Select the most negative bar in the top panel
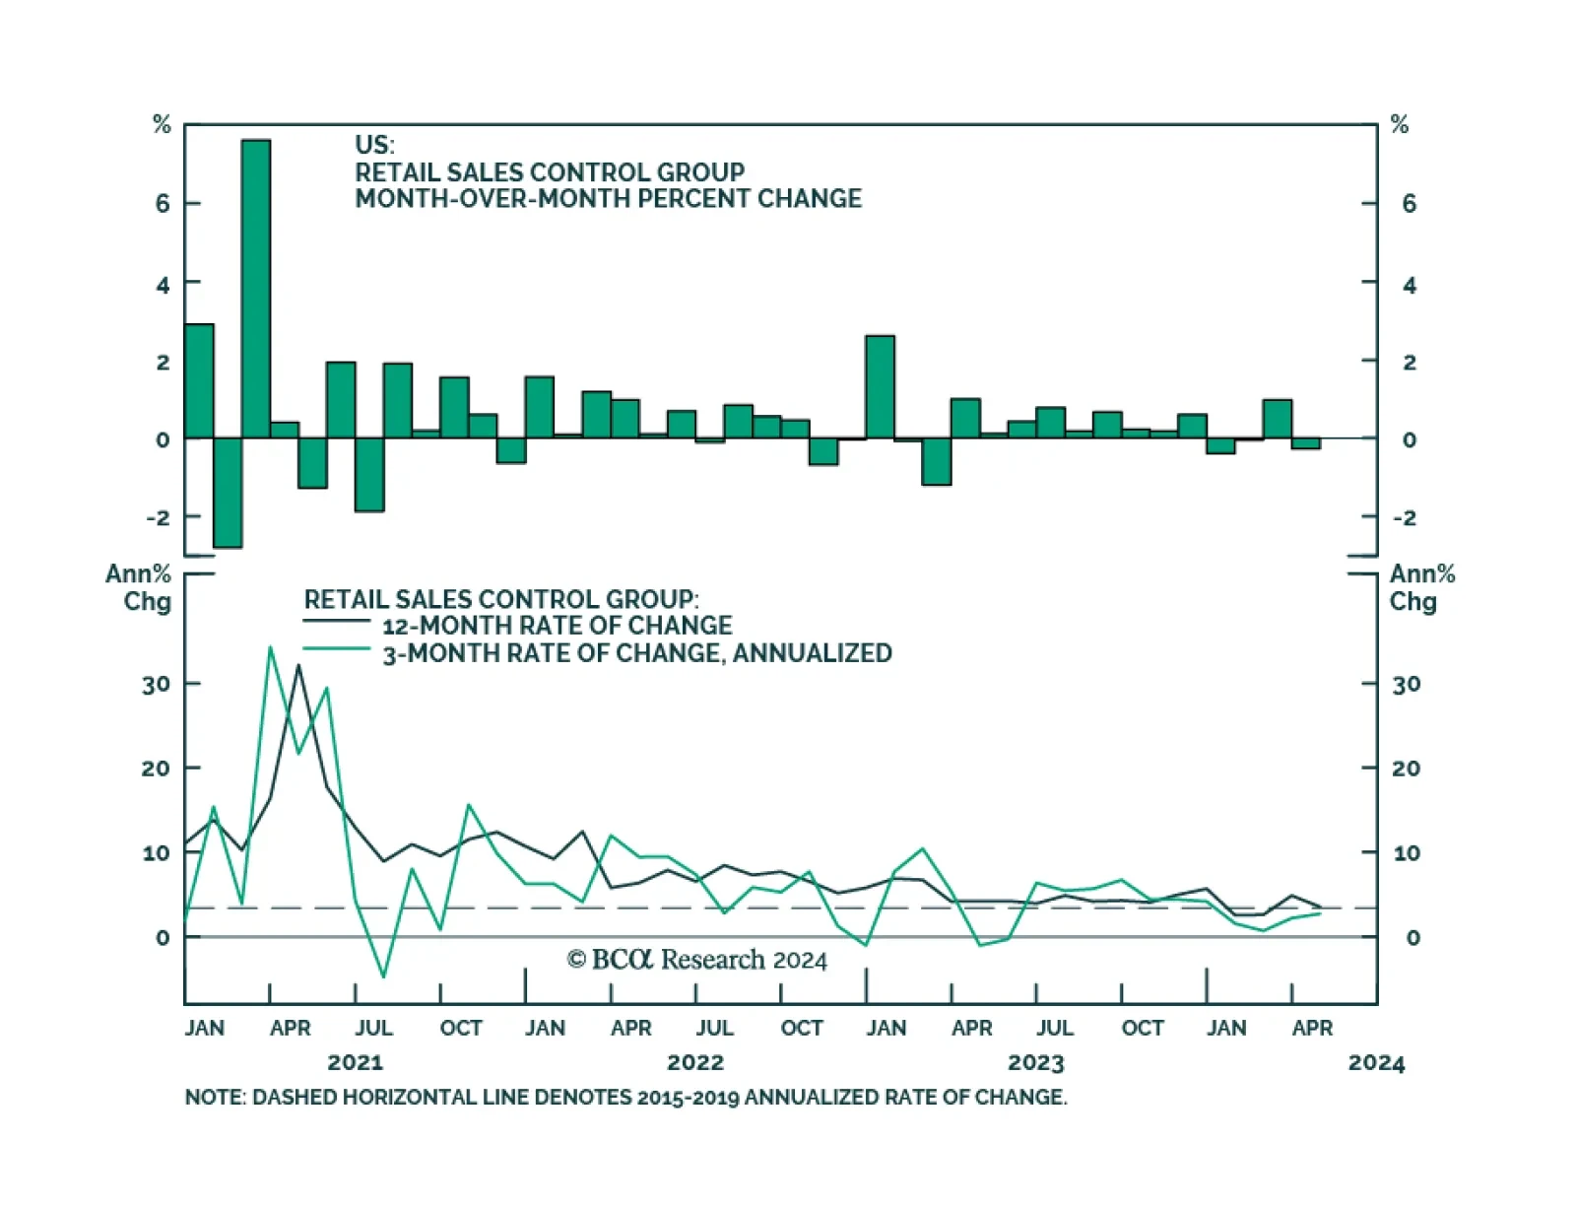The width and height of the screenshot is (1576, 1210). pos(228,492)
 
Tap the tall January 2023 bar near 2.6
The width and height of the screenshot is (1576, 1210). pos(880,386)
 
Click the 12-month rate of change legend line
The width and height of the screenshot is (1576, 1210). pos(336,621)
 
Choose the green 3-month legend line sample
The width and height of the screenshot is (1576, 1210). pos(336,648)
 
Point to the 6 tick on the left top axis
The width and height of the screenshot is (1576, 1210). pos(163,204)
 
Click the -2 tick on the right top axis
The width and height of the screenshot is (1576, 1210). pos(1404,517)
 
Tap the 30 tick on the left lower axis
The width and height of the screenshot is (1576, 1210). pos(156,684)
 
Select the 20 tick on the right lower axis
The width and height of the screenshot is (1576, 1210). pos(1406,769)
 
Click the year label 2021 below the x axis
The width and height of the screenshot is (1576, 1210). pos(355,1062)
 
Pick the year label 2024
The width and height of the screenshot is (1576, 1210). pos(1376,1062)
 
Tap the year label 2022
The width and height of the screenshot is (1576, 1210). pos(695,1062)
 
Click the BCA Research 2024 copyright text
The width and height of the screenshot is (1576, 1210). pos(697,960)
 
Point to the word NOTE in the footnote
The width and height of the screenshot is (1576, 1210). pos(214,1097)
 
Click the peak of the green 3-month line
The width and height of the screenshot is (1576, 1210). pos(270,647)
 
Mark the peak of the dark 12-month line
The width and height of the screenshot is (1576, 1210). pos(298,665)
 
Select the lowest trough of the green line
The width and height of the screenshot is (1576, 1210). pos(383,976)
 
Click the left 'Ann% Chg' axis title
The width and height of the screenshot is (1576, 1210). pos(139,587)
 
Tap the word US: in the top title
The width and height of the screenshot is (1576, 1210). pos(374,145)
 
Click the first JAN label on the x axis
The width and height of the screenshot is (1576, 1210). pos(205,1028)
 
